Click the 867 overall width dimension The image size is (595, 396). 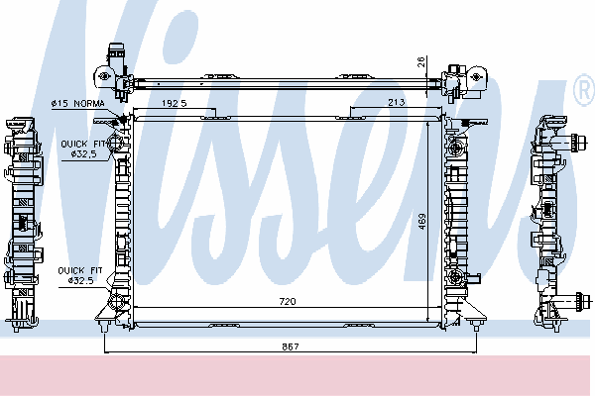pyautogui.click(x=291, y=346)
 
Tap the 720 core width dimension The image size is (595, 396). pyautogui.click(x=288, y=302)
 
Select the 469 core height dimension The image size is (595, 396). pyautogui.click(x=422, y=222)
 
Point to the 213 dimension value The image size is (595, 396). pyautogui.click(x=396, y=102)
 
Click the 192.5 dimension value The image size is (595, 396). pyautogui.click(x=175, y=103)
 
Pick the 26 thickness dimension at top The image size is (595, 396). pyautogui.click(x=420, y=61)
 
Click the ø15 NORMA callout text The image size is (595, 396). pyautogui.click(x=77, y=103)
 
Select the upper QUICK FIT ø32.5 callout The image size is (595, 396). pyautogui.click(x=84, y=148)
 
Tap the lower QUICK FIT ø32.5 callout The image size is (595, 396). pyautogui.click(x=80, y=275)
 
